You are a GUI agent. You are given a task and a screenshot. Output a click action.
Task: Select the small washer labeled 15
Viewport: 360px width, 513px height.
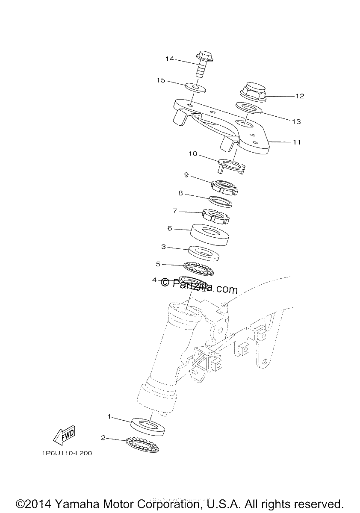(x=195, y=88)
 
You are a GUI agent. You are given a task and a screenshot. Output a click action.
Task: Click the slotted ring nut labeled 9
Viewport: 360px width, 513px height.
(x=224, y=187)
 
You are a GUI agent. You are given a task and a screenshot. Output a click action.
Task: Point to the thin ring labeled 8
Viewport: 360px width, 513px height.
(x=221, y=201)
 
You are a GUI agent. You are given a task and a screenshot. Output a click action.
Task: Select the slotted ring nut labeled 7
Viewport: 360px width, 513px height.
(x=215, y=217)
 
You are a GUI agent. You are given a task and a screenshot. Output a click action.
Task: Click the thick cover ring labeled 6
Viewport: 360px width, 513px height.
(x=210, y=235)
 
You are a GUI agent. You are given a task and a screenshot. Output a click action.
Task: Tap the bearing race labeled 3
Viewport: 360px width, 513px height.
(x=204, y=253)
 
